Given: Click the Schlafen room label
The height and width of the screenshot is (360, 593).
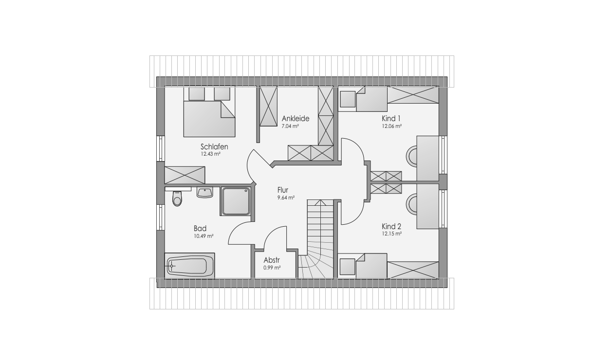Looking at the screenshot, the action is click(x=214, y=146).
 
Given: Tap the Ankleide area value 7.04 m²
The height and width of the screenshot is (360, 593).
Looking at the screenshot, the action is click(x=290, y=126).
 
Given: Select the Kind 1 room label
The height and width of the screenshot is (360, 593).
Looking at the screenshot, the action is click(x=391, y=118).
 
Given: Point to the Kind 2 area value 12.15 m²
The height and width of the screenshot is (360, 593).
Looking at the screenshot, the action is click(x=391, y=234).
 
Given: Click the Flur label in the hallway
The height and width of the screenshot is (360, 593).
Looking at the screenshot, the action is click(x=283, y=190).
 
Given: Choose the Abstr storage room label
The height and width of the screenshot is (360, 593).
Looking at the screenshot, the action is click(x=272, y=260).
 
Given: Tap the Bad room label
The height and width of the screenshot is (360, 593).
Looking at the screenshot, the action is click(x=200, y=228).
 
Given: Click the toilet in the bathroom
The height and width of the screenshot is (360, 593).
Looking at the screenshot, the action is click(x=177, y=198).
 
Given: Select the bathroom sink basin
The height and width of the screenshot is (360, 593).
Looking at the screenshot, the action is click(x=204, y=192).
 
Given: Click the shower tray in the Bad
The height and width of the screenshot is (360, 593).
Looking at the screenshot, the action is click(x=236, y=201).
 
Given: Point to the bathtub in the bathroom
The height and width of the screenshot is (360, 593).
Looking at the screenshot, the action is click(x=189, y=266).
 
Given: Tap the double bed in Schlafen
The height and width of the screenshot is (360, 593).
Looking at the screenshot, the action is click(x=209, y=112).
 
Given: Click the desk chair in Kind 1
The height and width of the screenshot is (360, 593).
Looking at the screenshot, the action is click(x=412, y=156).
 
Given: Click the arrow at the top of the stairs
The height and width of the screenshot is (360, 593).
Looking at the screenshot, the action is click(x=320, y=202).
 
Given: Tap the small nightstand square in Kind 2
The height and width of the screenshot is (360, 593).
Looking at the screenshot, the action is click(x=347, y=267).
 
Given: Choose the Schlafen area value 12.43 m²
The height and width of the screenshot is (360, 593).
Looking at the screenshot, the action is click(x=211, y=154).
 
